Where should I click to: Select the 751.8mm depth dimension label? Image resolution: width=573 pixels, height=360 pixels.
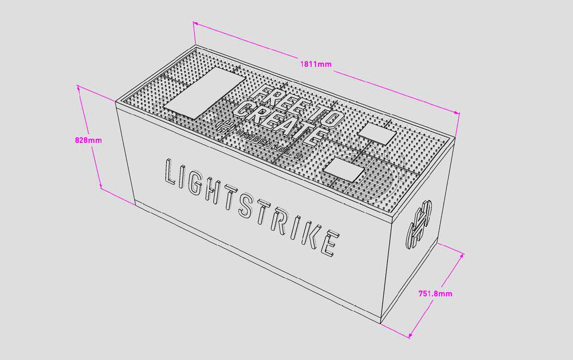(435, 294)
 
